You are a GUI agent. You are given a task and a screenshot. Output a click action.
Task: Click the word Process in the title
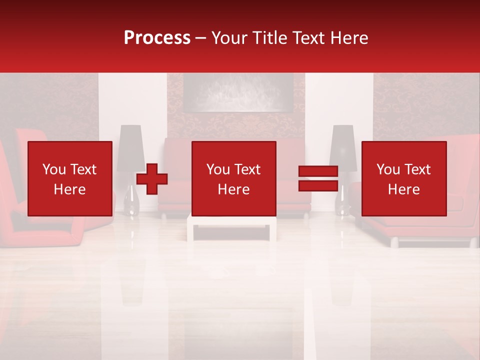157,38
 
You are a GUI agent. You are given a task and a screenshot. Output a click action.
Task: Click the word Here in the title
348,38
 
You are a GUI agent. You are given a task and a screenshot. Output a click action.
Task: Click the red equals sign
318,178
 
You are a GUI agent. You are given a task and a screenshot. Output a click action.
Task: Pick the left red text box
70,178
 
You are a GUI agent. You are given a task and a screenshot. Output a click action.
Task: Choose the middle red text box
234,178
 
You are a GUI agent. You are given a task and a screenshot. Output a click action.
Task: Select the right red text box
404,178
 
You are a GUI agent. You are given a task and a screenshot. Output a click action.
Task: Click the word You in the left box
53,169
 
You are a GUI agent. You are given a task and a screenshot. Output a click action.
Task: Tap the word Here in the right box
404,189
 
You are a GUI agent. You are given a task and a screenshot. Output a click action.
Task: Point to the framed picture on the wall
238,93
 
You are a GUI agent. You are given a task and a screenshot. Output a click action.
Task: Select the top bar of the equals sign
318,171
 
